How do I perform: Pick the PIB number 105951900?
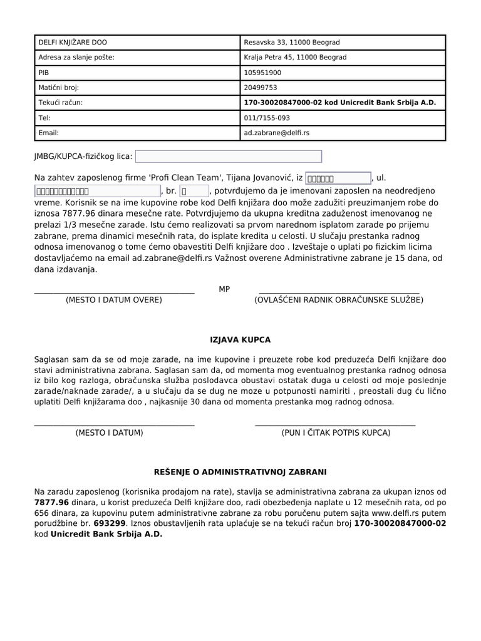click(263, 73)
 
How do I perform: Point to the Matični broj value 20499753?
click(261, 88)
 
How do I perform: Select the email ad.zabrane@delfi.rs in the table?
click(276, 133)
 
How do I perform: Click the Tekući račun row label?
click(61, 103)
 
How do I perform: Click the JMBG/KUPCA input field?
click(229, 156)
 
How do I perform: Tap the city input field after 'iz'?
click(338, 178)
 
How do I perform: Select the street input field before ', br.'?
click(97, 191)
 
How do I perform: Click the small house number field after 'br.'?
click(194, 191)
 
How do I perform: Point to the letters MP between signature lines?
click(224, 289)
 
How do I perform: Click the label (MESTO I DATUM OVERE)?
click(114, 300)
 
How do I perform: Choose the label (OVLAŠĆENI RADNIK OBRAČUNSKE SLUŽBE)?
click(339, 300)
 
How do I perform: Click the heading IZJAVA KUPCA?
click(240, 340)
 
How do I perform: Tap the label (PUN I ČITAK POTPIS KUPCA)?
click(336, 433)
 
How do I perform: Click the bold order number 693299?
click(110, 522)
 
